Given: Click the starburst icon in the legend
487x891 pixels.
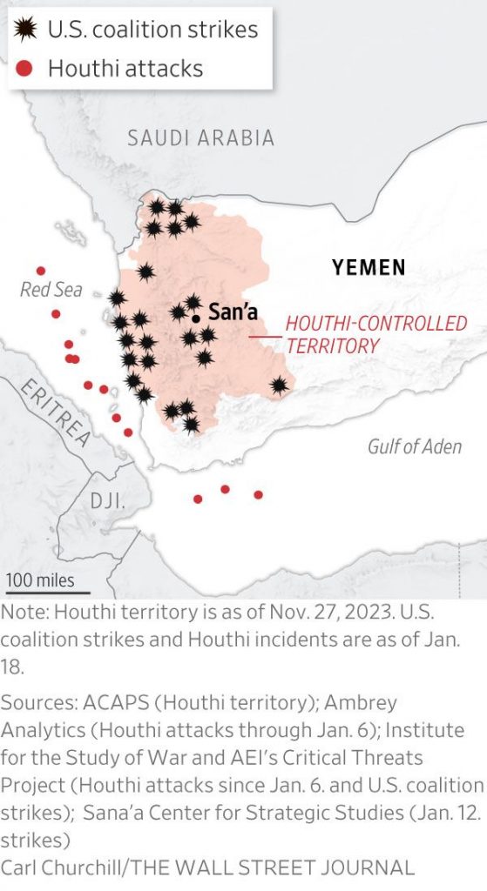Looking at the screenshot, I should [x=27, y=30].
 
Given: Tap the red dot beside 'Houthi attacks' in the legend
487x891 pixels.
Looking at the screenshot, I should [x=26, y=68].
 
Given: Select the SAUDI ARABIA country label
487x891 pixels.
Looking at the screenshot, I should [x=200, y=137].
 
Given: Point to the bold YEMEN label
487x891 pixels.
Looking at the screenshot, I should [x=369, y=267].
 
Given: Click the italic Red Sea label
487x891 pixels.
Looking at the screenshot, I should [x=51, y=289].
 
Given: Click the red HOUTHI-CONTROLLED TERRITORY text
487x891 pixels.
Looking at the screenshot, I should [x=376, y=334].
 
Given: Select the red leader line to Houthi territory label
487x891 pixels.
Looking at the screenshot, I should [x=265, y=336].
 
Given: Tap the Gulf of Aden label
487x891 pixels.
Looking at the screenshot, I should [x=414, y=447].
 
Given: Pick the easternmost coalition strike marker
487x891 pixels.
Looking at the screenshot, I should [x=279, y=385].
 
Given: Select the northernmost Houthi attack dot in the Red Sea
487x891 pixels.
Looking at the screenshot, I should [x=40, y=271].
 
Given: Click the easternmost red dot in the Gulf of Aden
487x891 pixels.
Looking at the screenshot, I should [x=258, y=495].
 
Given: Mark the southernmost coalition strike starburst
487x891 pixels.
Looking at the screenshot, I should [x=191, y=425].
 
